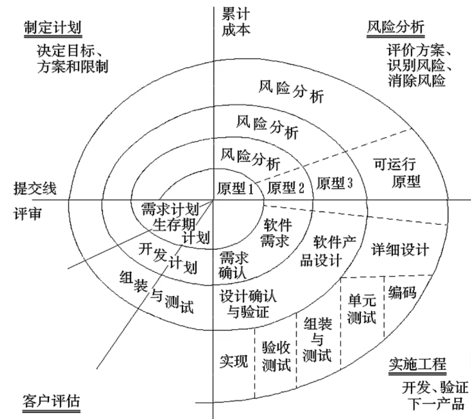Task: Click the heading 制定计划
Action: (x=53, y=28)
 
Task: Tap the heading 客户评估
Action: (x=51, y=401)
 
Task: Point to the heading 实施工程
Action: (x=417, y=364)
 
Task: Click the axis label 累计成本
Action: (x=236, y=22)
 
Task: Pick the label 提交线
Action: (x=35, y=188)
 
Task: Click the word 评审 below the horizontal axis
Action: (x=27, y=214)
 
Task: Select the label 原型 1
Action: (x=235, y=188)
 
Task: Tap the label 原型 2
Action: (x=286, y=187)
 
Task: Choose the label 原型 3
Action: (x=335, y=183)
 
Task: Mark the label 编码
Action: (x=402, y=292)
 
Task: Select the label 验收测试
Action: (x=276, y=356)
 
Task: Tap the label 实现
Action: (x=234, y=361)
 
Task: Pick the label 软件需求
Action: (x=275, y=233)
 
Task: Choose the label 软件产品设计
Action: (x=328, y=251)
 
